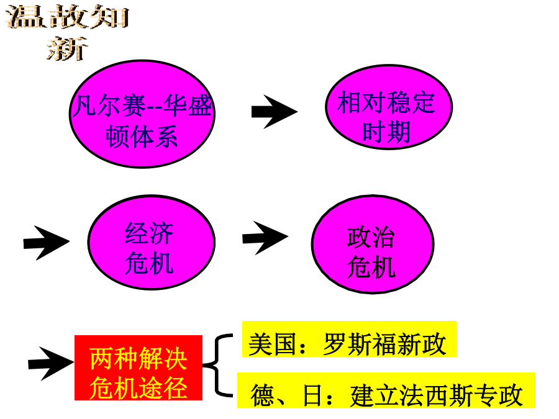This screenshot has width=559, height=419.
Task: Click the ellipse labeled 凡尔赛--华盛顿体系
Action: (142, 114)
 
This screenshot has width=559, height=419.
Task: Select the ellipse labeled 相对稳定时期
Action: (389, 107)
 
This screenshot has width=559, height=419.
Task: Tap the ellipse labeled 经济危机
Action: (151, 242)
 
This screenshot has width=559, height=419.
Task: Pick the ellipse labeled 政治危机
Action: (373, 244)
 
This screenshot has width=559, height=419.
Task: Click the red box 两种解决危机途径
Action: (139, 367)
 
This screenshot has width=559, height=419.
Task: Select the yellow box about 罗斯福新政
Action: (349, 339)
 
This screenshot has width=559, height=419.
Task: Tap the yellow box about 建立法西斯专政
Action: (386, 390)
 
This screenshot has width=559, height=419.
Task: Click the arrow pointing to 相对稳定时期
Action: (274, 112)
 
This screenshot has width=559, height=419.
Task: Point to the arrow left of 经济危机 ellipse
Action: (47, 243)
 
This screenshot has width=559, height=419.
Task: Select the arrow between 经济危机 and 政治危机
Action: (265, 238)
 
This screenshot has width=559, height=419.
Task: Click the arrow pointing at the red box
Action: (51, 363)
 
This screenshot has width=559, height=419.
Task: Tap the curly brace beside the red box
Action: (218, 365)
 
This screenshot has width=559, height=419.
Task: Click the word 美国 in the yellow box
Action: (272, 344)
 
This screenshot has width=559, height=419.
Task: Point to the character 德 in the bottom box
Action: (263, 395)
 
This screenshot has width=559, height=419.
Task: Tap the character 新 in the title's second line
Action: (67, 48)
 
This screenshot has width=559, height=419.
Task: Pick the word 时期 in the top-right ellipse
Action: (386, 132)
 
